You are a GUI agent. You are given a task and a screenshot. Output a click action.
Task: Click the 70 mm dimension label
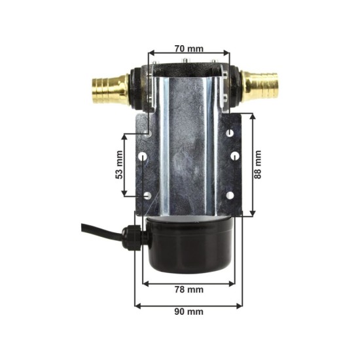(189, 48)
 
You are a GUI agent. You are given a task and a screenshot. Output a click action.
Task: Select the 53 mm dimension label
(119, 164)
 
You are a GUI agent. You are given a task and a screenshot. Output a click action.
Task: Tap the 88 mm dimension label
(258, 164)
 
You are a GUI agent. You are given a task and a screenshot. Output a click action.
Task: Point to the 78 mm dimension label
(189, 290)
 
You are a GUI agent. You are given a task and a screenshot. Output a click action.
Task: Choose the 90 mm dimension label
(189, 312)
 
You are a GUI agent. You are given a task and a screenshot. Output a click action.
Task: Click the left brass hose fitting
(111, 90)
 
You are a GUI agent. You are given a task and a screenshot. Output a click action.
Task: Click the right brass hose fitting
(260, 87)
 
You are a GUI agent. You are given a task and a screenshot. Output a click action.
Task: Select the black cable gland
(132, 238)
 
